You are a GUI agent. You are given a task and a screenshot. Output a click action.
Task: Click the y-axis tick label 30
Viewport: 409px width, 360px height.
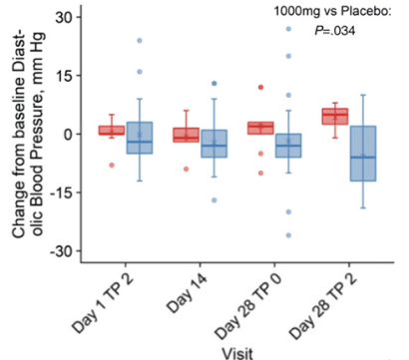62,18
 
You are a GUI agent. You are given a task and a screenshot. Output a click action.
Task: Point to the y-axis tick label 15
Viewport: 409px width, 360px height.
62,76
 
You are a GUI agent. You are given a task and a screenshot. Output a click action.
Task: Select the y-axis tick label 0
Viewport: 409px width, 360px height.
66,134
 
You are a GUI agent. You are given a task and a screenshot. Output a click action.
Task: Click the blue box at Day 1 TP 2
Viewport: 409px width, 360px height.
140,138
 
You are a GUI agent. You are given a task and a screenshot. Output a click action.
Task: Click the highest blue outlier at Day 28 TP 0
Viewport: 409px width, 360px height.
289,29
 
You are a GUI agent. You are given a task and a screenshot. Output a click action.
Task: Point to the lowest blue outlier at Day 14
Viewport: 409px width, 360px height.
213,200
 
